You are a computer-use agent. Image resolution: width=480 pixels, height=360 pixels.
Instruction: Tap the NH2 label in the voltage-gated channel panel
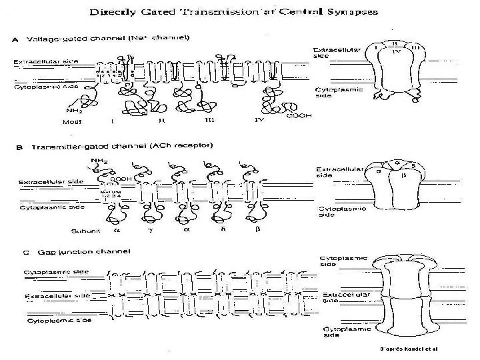click(74, 111)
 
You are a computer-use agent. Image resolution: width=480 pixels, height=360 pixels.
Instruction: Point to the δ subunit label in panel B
click(223, 231)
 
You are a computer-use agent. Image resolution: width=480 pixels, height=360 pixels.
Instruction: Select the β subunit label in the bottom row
click(256, 231)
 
